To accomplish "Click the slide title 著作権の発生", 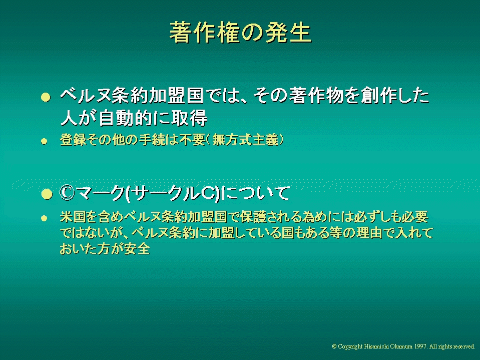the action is [x=241, y=32].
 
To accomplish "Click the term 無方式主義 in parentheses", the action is [x=245, y=140].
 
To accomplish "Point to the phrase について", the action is [x=255, y=193].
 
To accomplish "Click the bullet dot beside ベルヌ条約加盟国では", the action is [x=46, y=97].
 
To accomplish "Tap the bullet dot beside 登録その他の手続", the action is [x=45, y=141].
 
